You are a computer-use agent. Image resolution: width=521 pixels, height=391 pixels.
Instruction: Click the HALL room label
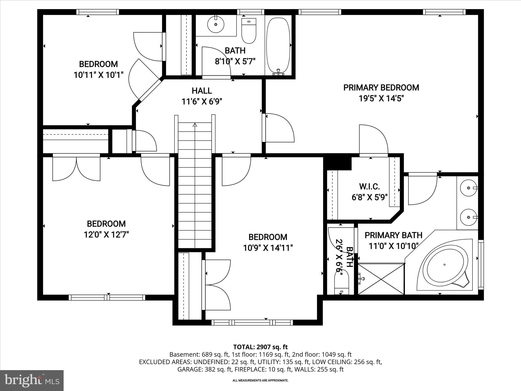202,91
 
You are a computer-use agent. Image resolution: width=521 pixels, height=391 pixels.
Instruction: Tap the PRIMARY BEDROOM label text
381,88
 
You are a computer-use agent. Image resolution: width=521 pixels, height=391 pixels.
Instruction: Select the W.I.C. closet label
369,187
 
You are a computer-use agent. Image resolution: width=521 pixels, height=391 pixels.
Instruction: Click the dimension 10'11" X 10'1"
98,75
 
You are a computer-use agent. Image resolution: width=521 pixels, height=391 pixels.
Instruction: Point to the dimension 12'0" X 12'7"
106,234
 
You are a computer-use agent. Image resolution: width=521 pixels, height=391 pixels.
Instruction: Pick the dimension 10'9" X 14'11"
268,248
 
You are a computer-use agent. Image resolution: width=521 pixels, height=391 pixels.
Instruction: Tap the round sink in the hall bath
216,24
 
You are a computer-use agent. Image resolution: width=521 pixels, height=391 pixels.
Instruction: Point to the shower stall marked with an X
381,279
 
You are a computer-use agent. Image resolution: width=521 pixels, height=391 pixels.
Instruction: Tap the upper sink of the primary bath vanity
469,188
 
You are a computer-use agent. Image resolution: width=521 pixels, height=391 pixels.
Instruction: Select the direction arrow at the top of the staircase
195,125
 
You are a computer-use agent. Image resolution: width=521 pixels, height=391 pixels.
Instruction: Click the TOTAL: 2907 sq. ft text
260,347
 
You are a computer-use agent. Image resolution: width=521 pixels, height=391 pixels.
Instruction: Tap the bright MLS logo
32,380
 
